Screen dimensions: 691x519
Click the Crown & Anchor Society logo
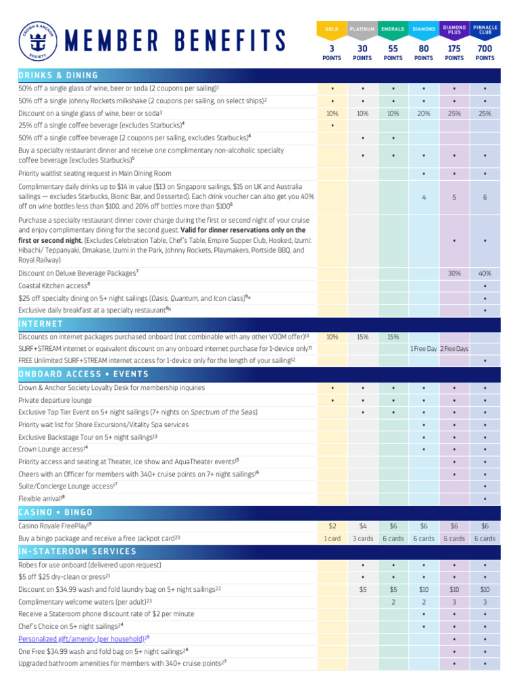[38, 40]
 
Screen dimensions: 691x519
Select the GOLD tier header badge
[332, 29]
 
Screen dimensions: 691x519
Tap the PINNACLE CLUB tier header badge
[485, 29]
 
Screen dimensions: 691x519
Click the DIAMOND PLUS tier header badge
[454, 29]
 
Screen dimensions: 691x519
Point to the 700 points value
[485, 49]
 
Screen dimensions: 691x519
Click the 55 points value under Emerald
[393, 49]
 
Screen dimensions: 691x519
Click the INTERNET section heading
[41, 323]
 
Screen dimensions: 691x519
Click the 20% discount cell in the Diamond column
[424, 113]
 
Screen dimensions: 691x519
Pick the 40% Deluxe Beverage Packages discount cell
[485, 273]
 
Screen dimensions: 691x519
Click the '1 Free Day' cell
[424, 349]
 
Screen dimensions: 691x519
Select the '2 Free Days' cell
[454, 349]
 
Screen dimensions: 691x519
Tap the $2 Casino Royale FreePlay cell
[332, 526]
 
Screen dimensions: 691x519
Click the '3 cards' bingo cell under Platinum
[362, 538]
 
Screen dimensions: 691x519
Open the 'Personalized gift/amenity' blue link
[82, 638]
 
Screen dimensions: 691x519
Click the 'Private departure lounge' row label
[55, 400]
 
